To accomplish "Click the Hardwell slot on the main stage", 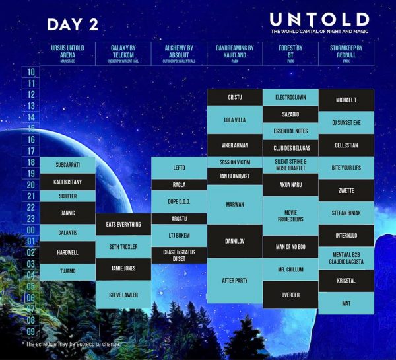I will [67, 252].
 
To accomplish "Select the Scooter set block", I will [67, 196].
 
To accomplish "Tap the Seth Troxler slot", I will [123, 246].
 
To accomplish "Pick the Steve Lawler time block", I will [123, 295].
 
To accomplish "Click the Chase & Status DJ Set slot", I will [180, 255].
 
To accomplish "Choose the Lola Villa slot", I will [234, 120].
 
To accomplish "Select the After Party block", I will [234, 280].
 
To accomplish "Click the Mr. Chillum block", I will [290, 270].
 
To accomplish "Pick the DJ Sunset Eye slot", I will [346, 122].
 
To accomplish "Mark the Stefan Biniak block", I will [346, 213].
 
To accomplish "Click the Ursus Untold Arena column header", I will [67, 54].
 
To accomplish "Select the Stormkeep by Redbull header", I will [346, 54].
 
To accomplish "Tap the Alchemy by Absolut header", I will [180, 54].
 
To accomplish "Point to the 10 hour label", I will [31, 72].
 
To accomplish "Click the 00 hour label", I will [31, 231].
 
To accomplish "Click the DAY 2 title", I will [73, 25].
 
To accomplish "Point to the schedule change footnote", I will [73, 344].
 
